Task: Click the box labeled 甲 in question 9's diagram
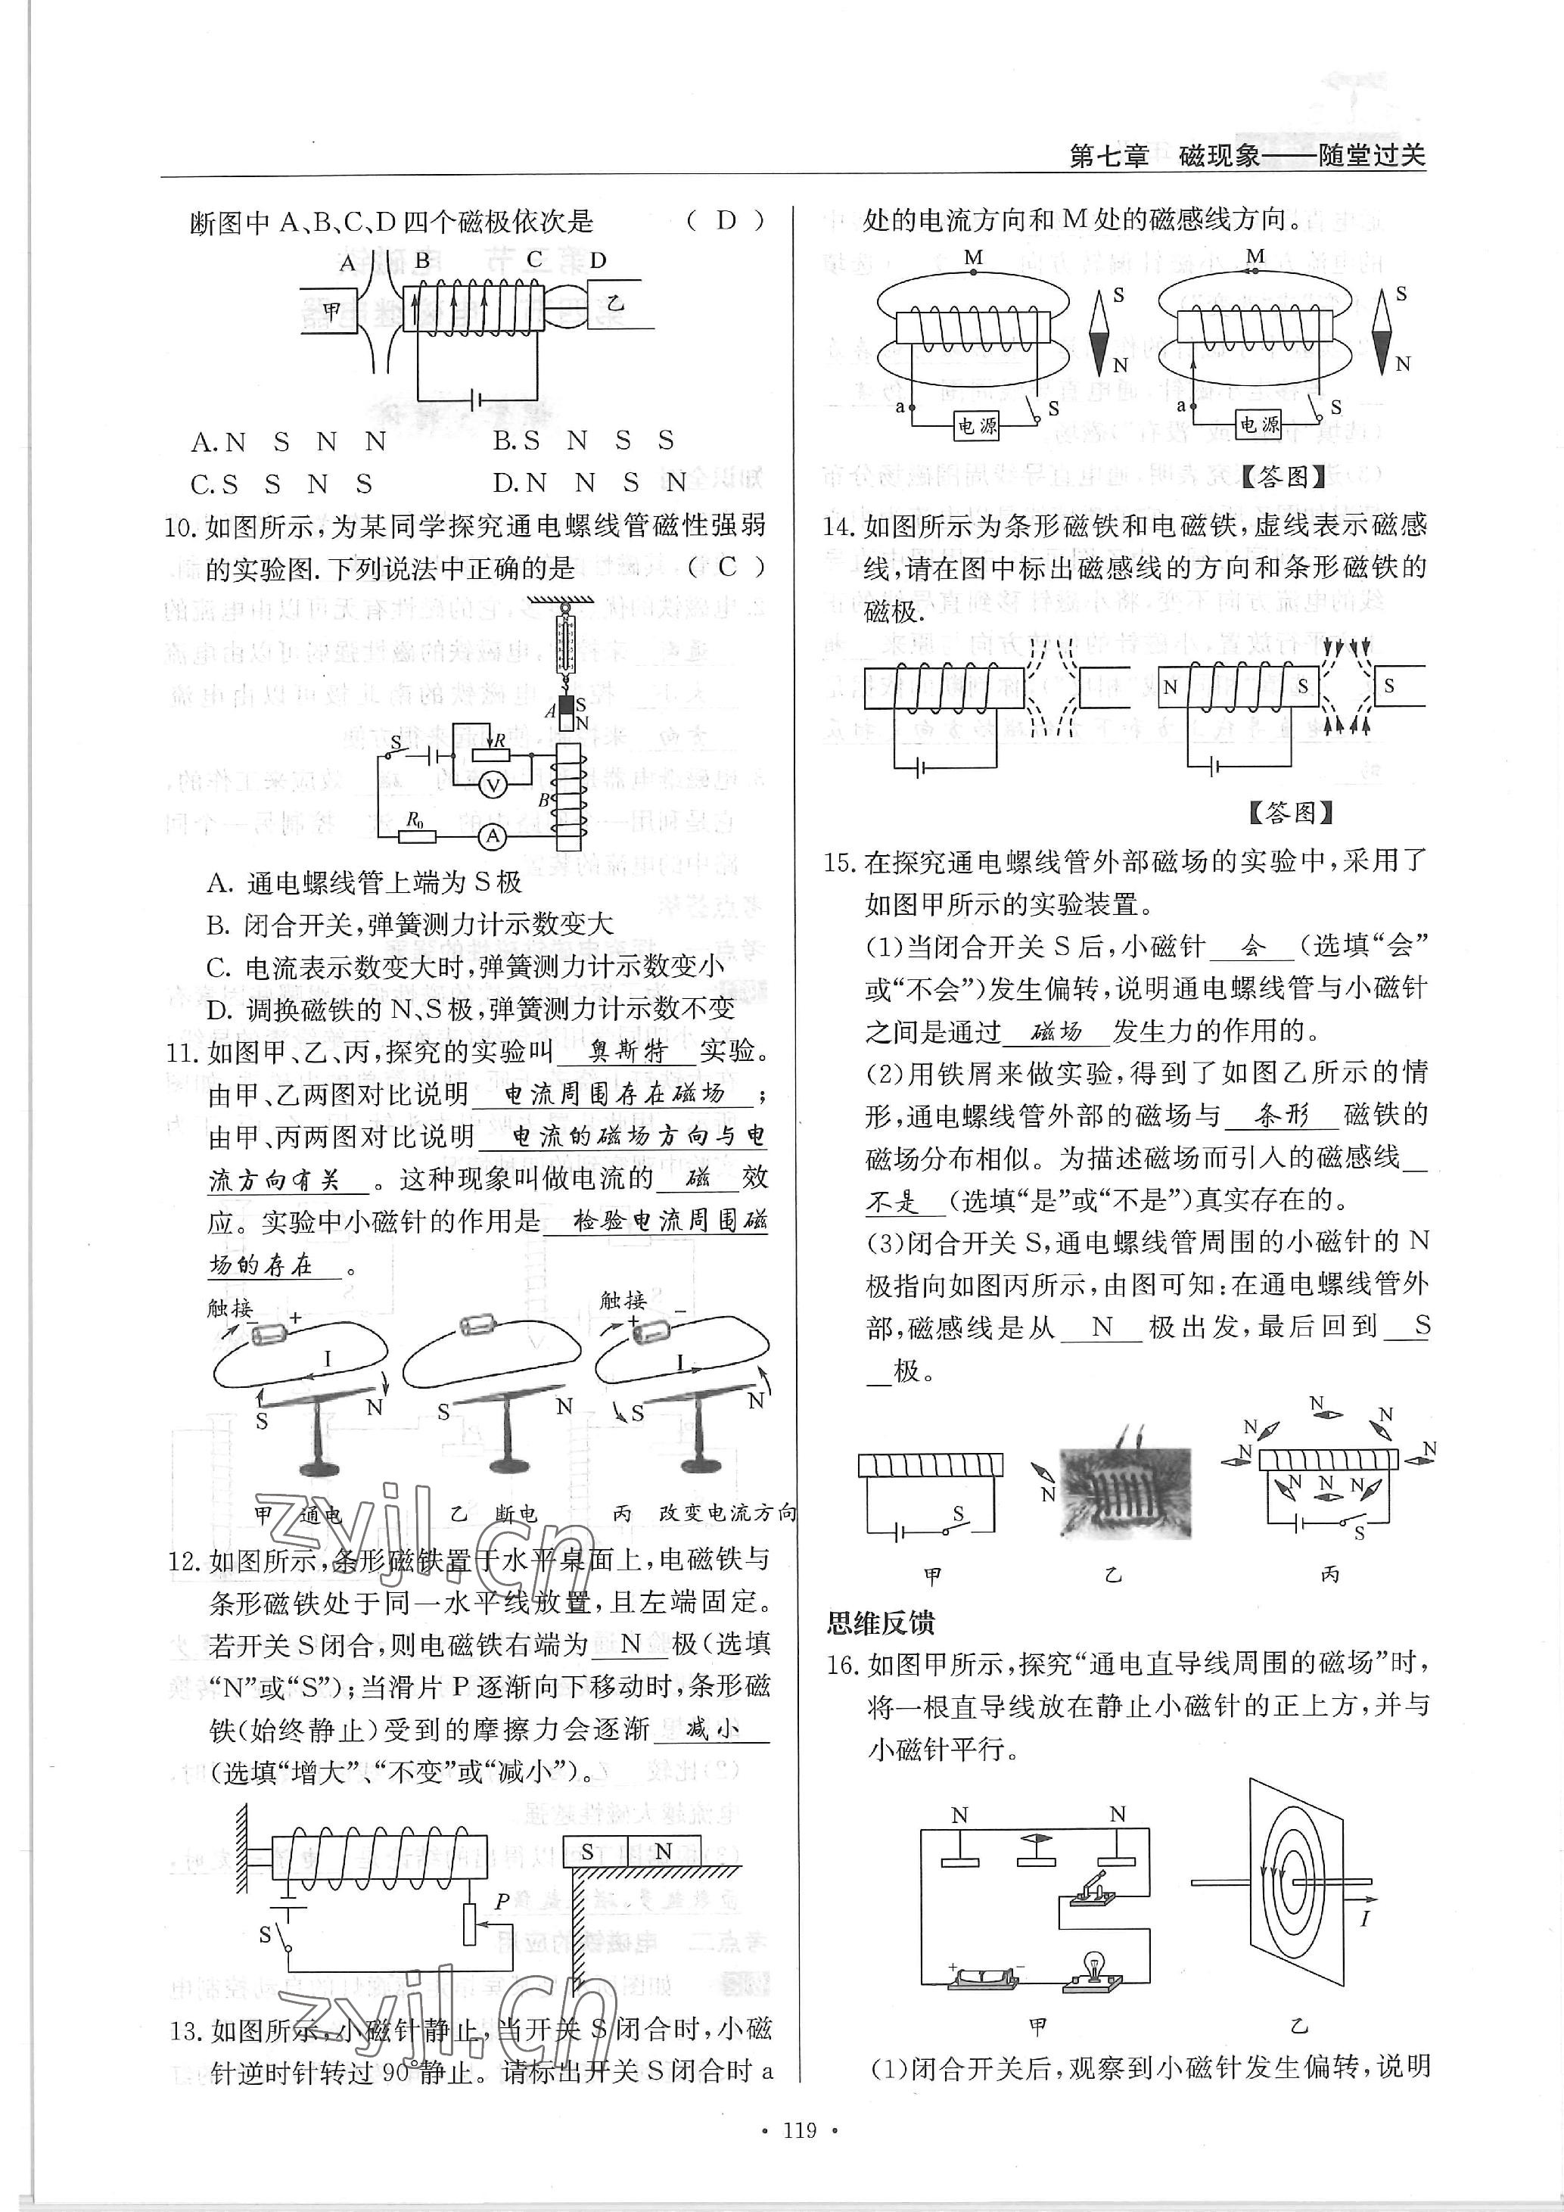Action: coord(332,310)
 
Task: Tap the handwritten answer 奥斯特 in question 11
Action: coord(628,1051)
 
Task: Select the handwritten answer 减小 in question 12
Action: coord(712,1729)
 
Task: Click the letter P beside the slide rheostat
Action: coord(502,1902)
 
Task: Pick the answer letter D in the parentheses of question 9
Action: coord(726,221)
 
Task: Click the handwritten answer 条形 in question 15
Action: coord(1283,1115)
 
